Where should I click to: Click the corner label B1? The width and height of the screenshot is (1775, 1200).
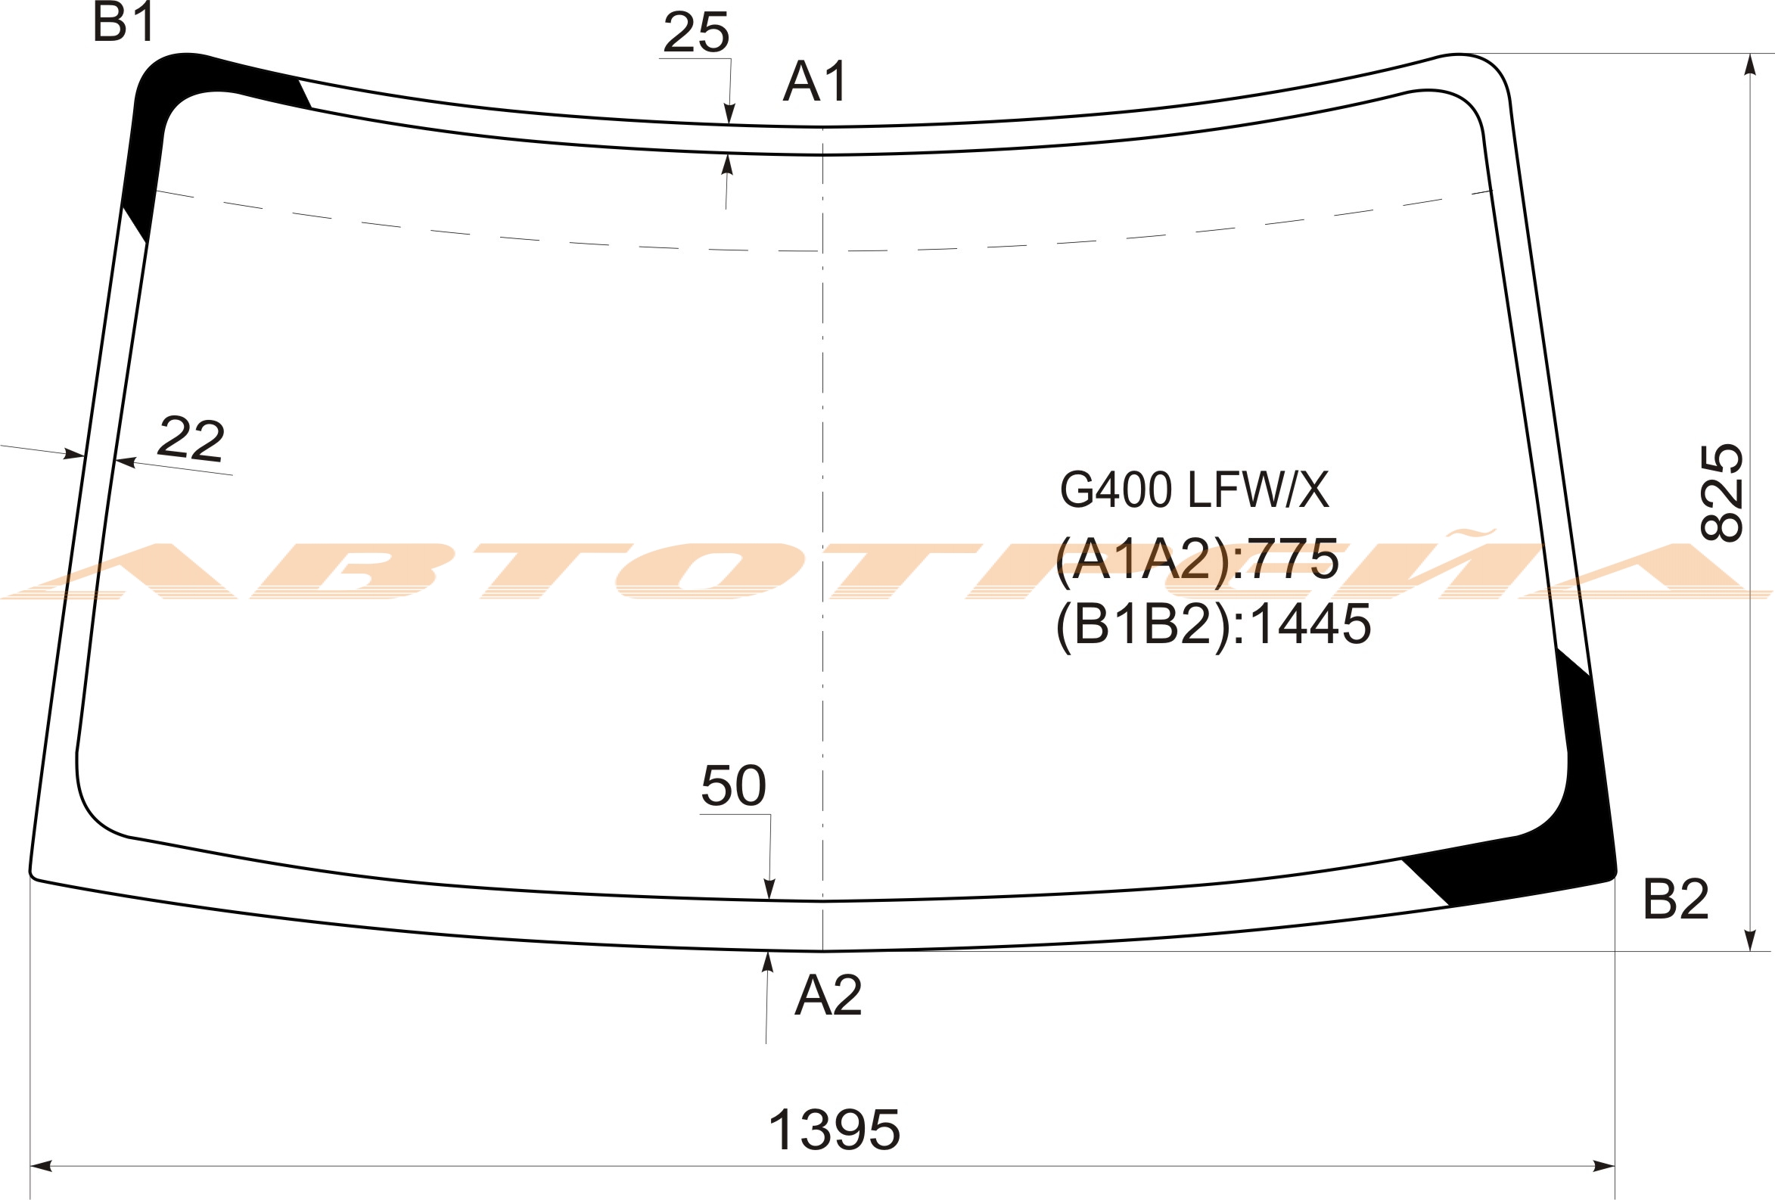click(125, 23)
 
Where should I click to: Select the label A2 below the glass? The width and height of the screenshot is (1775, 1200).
click(828, 995)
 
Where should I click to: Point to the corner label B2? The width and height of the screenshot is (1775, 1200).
click(1676, 900)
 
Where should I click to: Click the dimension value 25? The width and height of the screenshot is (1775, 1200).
click(696, 33)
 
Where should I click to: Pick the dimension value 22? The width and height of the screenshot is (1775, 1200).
click(191, 439)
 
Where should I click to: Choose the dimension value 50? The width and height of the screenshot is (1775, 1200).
click(733, 785)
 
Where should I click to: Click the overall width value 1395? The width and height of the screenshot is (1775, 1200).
click(834, 1130)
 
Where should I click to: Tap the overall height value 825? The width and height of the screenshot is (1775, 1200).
click(1722, 493)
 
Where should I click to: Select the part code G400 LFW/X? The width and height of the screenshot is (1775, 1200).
click(1195, 490)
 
